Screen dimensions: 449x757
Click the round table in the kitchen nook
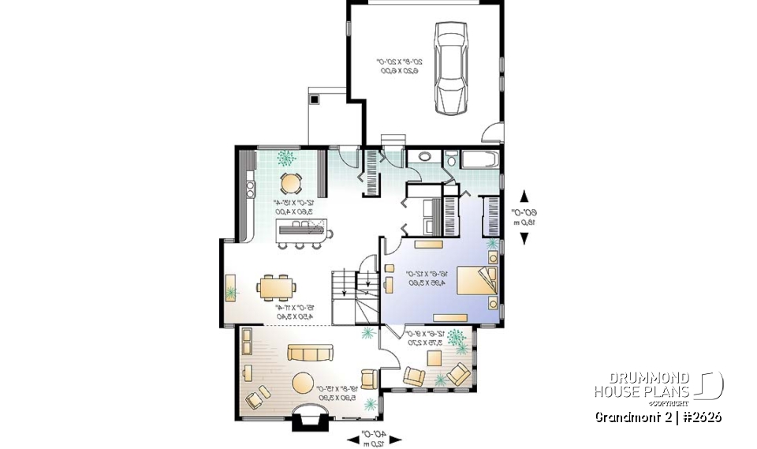point(291,183)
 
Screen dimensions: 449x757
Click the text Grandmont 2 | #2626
point(657,416)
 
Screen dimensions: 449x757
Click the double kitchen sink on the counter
point(250,189)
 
